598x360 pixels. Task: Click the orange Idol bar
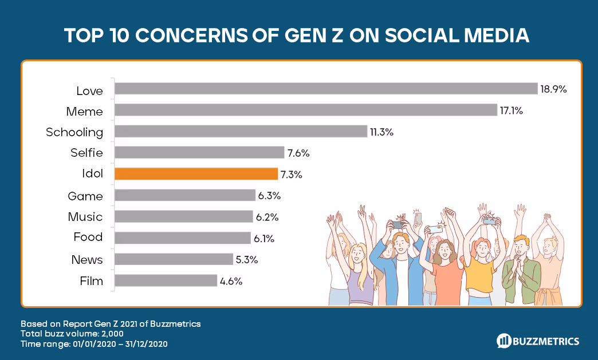click(x=195, y=174)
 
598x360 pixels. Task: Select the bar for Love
click(x=326, y=89)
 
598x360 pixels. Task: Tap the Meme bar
click(x=305, y=110)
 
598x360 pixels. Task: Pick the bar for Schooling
click(x=241, y=132)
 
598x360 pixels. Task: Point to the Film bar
click(x=166, y=280)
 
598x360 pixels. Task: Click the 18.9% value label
click(x=553, y=89)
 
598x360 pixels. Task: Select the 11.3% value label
click(x=381, y=132)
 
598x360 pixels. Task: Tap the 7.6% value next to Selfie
click(x=298, y=153)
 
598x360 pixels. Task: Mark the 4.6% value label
click(x=231, y=281)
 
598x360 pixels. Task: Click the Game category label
click(x=85, y=196)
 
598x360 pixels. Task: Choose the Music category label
click(x=85, y=217)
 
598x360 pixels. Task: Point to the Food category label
click(x=88, y=237)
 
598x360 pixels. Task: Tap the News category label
click(x=87, y=260)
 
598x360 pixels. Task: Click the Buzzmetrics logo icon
click(x=504, y=341)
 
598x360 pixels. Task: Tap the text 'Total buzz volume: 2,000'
click(x=72, y=334)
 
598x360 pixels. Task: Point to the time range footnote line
click(x=94, y=344)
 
